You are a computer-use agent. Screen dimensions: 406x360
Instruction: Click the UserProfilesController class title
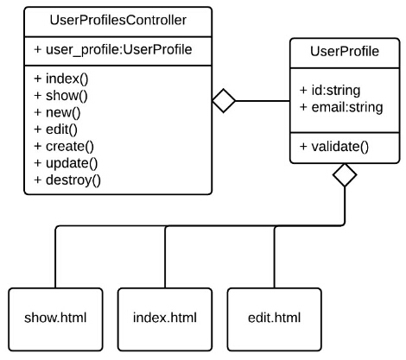(x=118, y=21)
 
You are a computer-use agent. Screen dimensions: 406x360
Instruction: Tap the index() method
(x=61, y=79)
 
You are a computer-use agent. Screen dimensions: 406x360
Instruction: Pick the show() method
(x=60, y=96)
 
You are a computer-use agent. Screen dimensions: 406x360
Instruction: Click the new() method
(x=57, y=112)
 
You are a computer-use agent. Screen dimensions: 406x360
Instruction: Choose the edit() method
(x=55, y=129)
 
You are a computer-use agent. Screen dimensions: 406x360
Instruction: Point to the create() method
(x=64, y=147)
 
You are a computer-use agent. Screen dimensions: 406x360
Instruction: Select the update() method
(x=66, y=163)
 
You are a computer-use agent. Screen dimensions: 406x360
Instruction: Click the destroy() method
(x=67, y=180)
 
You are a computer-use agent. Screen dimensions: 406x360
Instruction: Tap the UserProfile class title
(x=345, y=52)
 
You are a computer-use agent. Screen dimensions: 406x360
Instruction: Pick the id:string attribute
(x=330, y=91)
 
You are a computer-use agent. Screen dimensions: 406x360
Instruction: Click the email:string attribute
(x=341, y=107)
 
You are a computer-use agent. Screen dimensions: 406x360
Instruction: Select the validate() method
(x=334, y=147)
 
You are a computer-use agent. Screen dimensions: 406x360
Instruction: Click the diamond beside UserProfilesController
(x=224, y=101)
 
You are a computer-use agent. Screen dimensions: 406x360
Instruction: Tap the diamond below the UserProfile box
(x=345, y=175)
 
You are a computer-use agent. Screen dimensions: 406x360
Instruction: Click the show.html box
(x=55, y=319)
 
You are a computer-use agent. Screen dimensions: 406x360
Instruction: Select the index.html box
(x=165, y=319)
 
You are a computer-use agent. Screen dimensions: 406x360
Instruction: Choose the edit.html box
(x=274, y=319)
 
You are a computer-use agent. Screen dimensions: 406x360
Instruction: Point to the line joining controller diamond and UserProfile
(x=263, y=101)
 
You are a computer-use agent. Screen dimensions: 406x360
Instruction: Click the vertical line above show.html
(x=55, y=257)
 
